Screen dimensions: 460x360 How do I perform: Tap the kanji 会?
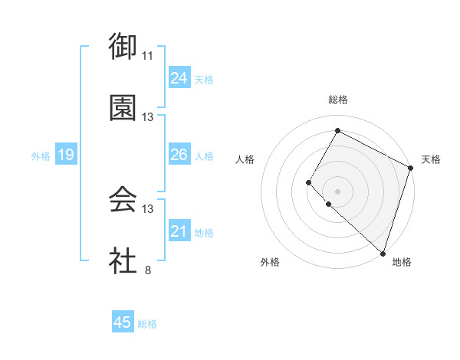point(123,201)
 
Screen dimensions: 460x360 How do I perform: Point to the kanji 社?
point(123,261)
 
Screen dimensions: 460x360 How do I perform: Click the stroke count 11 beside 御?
point(148,56)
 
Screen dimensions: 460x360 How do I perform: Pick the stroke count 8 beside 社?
point(148,270)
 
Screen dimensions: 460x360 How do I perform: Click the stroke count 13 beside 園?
point(148,117)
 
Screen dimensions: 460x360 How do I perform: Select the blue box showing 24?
point(179,77)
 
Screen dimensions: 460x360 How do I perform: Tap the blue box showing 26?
point(179,155)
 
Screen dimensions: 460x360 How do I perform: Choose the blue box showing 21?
point(179,231)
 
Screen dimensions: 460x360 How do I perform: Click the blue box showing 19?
point(65,155)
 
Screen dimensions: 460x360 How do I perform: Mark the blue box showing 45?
point(123,322)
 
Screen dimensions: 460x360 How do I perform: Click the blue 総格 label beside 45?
point(147,324)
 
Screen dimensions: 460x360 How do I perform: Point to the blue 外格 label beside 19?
point(41,156)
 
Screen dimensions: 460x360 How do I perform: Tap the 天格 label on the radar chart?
point(431,159)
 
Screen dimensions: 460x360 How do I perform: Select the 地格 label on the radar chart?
point(402,262)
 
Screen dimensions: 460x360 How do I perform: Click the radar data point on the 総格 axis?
point(337,130)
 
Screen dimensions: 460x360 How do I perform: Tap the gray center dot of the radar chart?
point(337,191)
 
